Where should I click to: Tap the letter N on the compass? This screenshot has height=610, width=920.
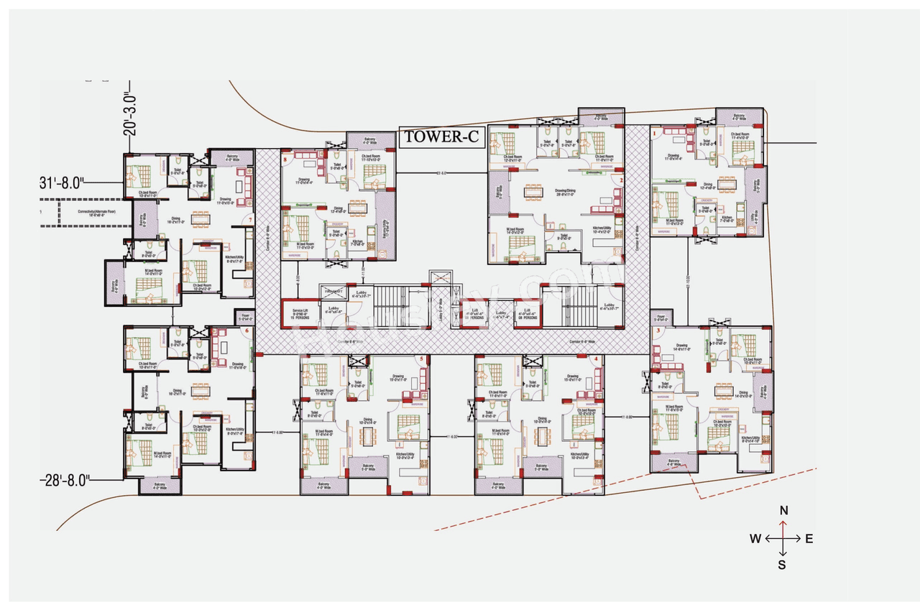(x=784, y=511)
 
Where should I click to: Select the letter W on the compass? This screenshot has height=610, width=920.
(x=755, y=539)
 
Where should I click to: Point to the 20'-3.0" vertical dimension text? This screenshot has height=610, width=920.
(x=129, y=113)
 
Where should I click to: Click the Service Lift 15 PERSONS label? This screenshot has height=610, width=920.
(x=299, y=313)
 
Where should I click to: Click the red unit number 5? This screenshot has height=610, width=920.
(x=423, y=359)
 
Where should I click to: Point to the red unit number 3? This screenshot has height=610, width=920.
(x=657, y=331)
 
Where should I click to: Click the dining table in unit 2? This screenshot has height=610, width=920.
(x=533, y=192)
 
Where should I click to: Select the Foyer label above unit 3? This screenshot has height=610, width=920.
(x=661, y=318)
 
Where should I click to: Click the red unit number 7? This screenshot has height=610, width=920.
(x=249, y=219)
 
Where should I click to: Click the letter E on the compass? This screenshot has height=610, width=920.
(x=809, y=539)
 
